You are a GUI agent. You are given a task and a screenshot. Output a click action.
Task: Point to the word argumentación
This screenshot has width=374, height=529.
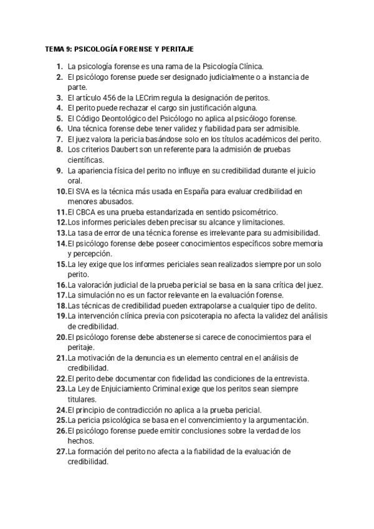click(x=277, y=420)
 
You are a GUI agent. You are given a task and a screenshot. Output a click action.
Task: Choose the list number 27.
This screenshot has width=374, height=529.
click(x=61, y=452)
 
